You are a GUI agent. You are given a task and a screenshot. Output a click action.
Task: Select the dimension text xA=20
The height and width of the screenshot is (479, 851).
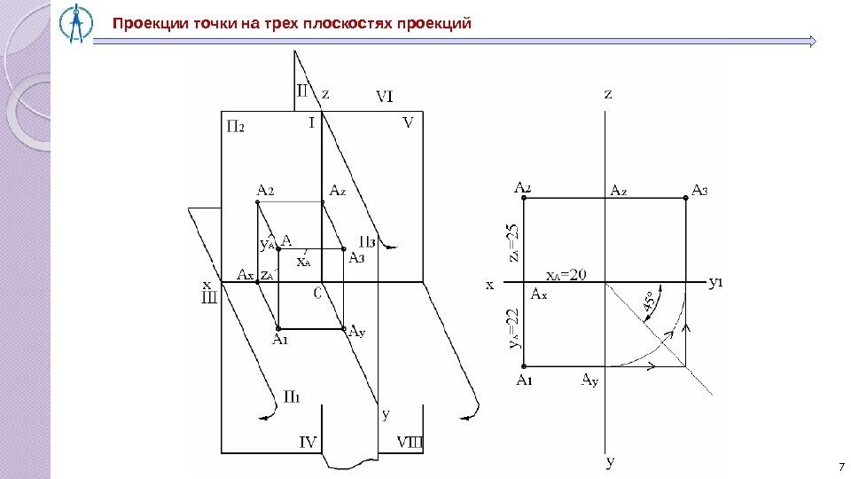coord(566,273)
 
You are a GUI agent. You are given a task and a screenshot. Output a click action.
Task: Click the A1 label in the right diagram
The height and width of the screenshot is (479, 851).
coord(525,381)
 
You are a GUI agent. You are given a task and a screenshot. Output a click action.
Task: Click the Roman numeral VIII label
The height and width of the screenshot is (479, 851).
coord(410,440)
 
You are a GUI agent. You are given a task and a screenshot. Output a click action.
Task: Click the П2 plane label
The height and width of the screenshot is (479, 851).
coord(235,126)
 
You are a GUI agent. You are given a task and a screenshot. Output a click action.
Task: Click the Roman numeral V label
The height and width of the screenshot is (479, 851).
coord(409,122)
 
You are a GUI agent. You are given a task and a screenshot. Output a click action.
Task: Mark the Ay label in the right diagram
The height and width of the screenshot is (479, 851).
coord(589,381)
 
